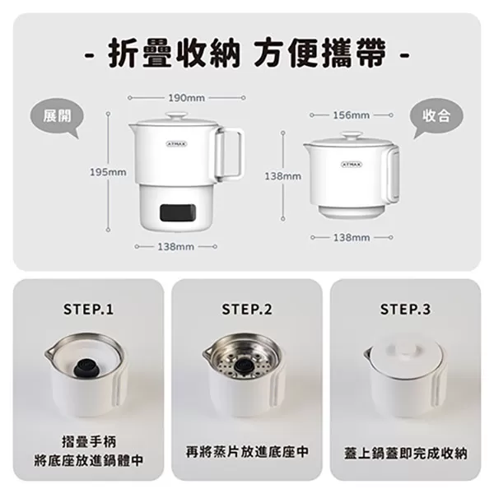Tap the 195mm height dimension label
click(108, 172)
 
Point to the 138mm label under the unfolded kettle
click(175, 246)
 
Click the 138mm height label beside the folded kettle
click(282, 176)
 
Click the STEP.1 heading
click(88, 310)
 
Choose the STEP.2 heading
click(246, 310)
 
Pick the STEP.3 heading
click(404, 310)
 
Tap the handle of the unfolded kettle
click(231, 153)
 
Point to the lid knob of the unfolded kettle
click(175, 116)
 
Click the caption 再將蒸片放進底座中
click(246, 452)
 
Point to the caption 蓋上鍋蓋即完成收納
click(405, 453)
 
